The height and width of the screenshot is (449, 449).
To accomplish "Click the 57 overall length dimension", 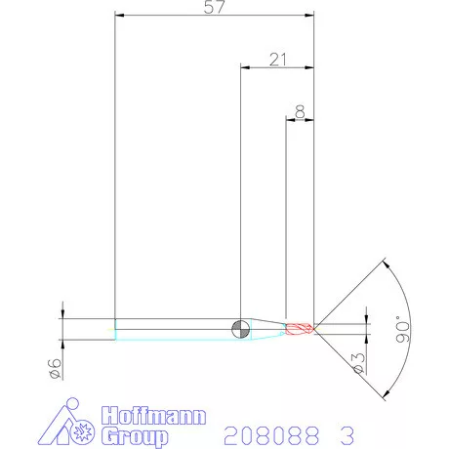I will click(215, 7).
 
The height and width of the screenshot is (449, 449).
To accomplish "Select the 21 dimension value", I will click(277, 60).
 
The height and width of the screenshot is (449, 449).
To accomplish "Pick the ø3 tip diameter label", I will click(358, 362).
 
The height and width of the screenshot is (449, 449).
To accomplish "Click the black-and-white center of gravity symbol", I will click(240, 328).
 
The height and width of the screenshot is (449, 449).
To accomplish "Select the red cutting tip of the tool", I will click(301, 328).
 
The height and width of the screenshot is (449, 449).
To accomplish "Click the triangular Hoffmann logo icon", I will click(70, 424).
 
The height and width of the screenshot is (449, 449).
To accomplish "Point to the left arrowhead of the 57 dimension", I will click(119, 16).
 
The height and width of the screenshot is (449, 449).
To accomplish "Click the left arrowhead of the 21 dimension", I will click(245, 67).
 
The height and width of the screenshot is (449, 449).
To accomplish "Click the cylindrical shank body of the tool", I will click(176, 329).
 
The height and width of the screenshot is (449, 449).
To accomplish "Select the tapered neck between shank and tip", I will click(265, 328).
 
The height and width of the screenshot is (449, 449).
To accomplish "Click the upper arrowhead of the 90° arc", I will click(387, 262).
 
